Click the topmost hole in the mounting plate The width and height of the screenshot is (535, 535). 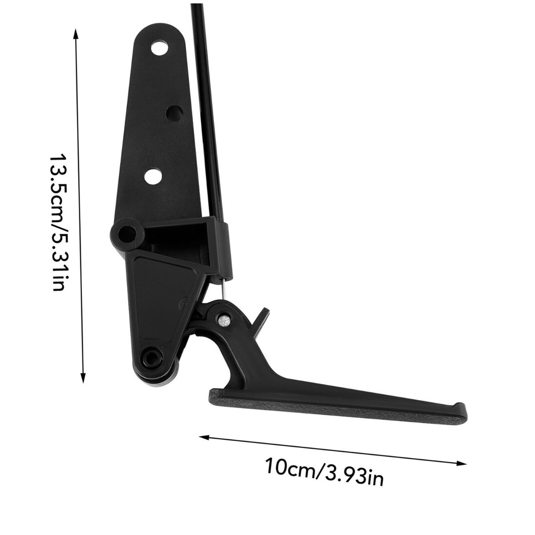[x=159, y=48]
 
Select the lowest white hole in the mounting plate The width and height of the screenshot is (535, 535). [x=153, y=177]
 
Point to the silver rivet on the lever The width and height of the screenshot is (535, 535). [x=224, y=319]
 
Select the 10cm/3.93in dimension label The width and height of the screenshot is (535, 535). [x=325, y=471]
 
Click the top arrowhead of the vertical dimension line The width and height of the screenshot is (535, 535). [x=76, y=33]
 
